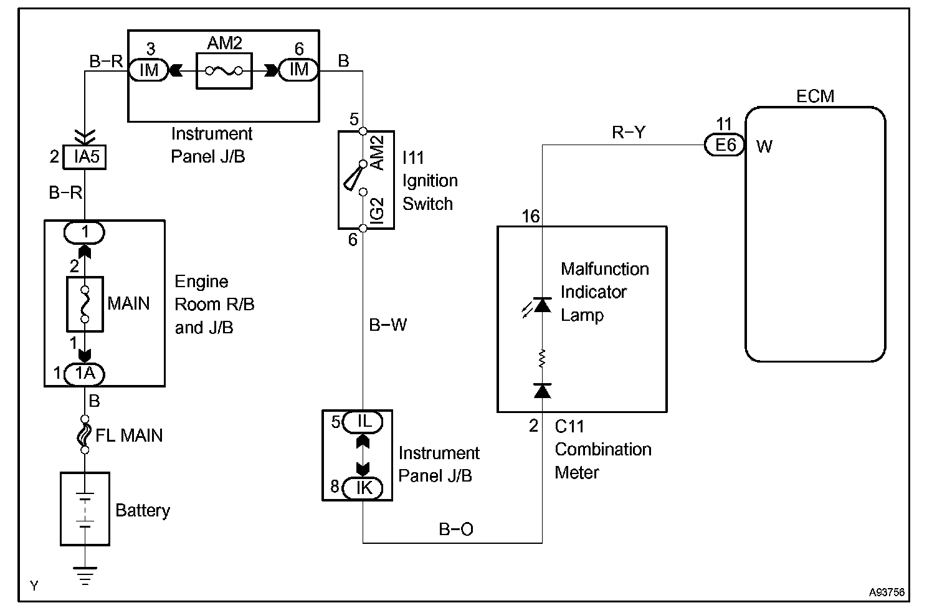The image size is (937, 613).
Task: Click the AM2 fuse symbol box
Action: pos(224,70)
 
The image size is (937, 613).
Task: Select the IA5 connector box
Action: pos(85,156)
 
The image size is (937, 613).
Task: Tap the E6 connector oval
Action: pos(725,146)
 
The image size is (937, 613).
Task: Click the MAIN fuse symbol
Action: pos(85,303)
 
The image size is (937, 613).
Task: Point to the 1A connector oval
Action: pos(85,374)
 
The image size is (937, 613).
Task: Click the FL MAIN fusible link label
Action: pos(129,435)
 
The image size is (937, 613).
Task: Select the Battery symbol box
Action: pos(85,508)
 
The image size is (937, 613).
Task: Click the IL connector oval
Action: pos(364,422)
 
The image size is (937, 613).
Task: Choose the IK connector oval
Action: pos(364,487)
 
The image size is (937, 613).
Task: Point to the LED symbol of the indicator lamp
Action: pos(541,305)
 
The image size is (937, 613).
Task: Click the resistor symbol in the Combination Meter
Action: pos(542,358)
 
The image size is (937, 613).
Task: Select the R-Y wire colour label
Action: pos(629,132)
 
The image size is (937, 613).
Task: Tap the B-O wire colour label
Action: pos(456,529)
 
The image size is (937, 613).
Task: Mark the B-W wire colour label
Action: pos(388,325)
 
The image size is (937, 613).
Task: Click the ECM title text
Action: pos(815,96)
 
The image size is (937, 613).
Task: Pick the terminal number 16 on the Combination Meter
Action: pos(531,216)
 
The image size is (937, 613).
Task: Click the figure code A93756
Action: pos(887,592)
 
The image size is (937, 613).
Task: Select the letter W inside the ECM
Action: pos(764,147)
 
